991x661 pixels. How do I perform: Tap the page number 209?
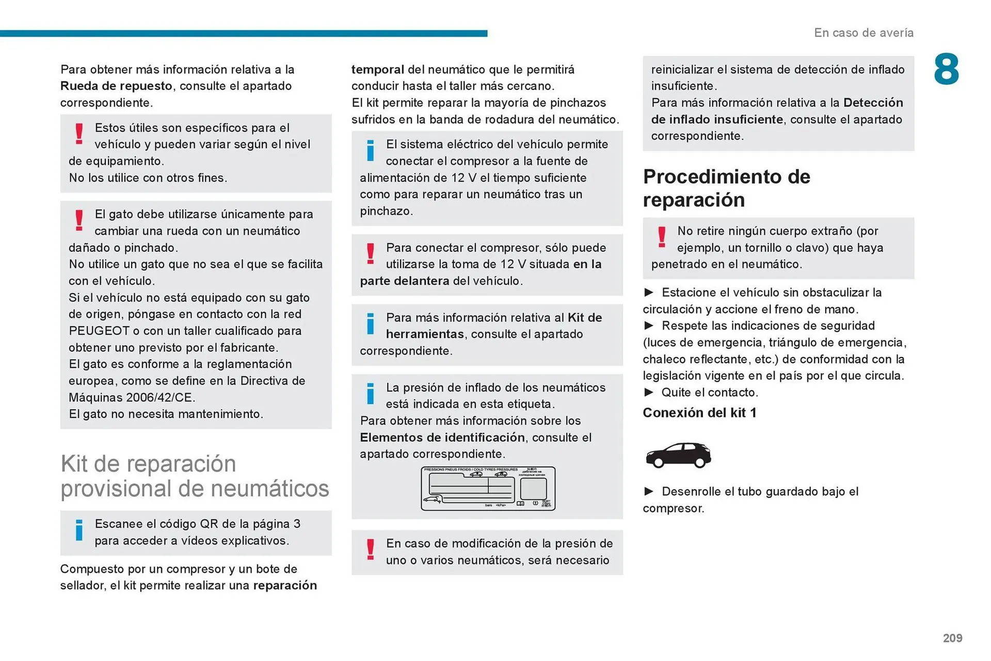pyautogui.click(x=952, y=638)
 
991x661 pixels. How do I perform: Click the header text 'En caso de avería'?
pyautogui.click(x=864, y=33)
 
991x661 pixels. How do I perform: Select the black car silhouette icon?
pyautogui.click(x=678, y=455)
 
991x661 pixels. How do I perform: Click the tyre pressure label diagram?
pyautogui.click(x=488, y=488)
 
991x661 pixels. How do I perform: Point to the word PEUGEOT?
pyautogui.click(x=99, y=331)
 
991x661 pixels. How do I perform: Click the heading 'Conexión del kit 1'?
pyautogui.click(x=699, y=413)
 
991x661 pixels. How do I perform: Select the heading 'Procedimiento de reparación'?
pyautogui.click(x=726, y=188)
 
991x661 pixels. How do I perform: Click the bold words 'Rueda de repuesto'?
pyautogui.click(x=116, y=86)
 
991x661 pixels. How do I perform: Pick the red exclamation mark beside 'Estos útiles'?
pyautogui.click(x=79, y=134)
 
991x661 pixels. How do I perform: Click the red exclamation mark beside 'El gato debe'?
pyautogui.click(x=79, y=220)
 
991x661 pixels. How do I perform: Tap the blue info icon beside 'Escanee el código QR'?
pyautogui.click(x=79, y=530)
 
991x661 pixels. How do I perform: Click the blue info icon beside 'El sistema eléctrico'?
pyautogui.click(x=370, y=150)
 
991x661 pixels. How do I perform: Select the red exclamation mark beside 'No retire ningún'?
pyautogui.click(x=661, y=237)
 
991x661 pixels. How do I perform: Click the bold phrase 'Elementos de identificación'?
pyautogui.click(x=442, y=438)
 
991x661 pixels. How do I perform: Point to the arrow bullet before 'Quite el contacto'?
pyautogui.click(x=649, y=393)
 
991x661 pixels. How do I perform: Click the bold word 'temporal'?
pyautogui.click(x=377, y=70)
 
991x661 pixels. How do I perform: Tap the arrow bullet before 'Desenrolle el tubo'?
pyautogui.click(x=649, y=492)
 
